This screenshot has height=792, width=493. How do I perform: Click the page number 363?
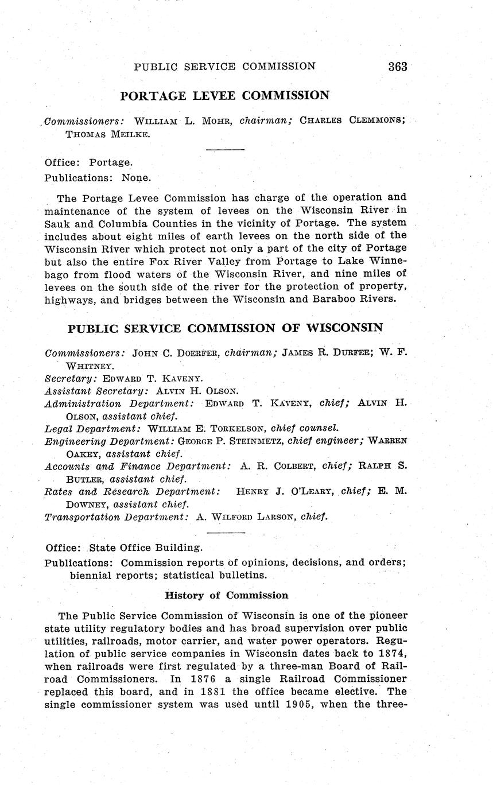pos(397,67)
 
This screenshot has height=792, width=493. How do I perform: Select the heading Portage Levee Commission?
pos(224,96)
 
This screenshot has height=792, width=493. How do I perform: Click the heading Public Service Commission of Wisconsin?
pos(225,328)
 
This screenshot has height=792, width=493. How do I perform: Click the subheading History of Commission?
pos(226,595)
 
